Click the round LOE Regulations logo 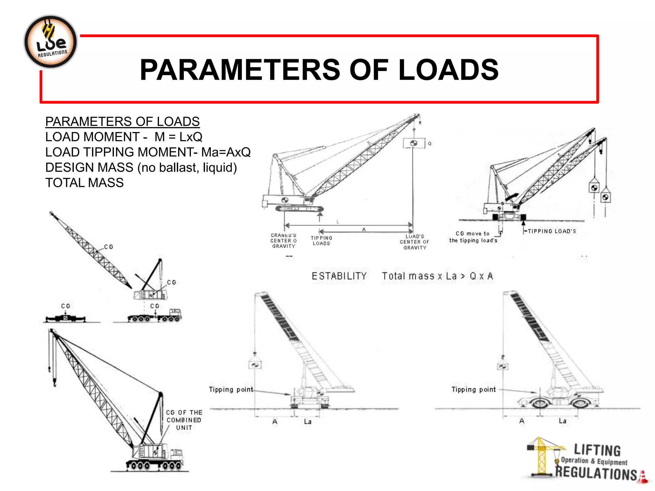click(x=51, y=42)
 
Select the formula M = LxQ click(x=178, y=137)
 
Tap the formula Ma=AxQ click(x=226, y=152)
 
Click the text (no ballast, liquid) click(x=187, y=168)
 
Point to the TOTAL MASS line click(x=84, y=183)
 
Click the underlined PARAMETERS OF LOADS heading click(x=122, y=122)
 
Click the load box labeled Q click(x=414, y=143)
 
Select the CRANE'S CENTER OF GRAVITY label click(x=283, y=241)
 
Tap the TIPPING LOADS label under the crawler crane click(x=321, y=241)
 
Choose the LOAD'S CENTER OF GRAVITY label click(x=414, y=242)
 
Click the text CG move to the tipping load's click(x=473, y=237)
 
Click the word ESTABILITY click(x=339, y=276)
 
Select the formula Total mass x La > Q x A click(x=437, y=276)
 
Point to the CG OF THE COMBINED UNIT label click(x=184, y=420)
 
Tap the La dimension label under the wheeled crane click(x=563, y=421)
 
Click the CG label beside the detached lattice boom click(x=108, y=247)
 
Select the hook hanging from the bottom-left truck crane click(x=55, y=381)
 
